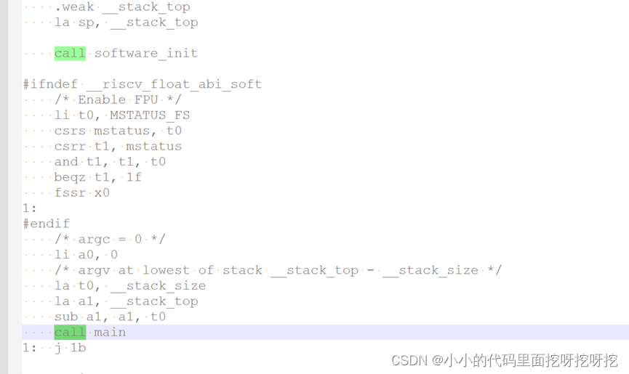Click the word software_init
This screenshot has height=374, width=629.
145,53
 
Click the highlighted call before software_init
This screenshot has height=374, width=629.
70,53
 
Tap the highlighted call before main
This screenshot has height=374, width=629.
70,332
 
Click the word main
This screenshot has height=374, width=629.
110,332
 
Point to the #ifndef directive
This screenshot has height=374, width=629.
50,84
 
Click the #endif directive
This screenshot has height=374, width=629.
46,224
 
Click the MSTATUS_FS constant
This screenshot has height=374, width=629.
150,115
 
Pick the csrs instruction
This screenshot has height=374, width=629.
70,131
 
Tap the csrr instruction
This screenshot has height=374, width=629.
70,146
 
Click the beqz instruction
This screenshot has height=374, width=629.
70,177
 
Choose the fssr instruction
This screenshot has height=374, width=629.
70,192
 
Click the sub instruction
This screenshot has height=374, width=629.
66,317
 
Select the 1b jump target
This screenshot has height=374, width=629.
78,348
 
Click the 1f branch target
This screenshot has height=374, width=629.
134,177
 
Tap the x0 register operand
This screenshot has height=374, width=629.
102,192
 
